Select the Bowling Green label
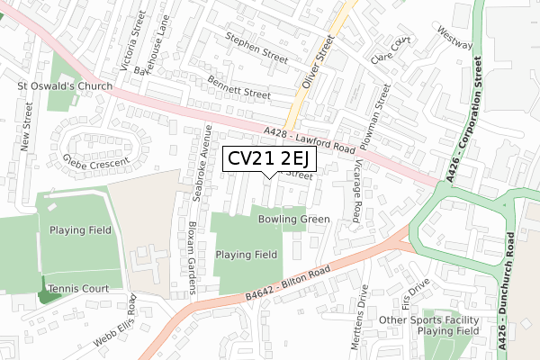click(293, 219)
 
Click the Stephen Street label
click(256, 47)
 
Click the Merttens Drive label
click(364, 317)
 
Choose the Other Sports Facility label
click(429, 319)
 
